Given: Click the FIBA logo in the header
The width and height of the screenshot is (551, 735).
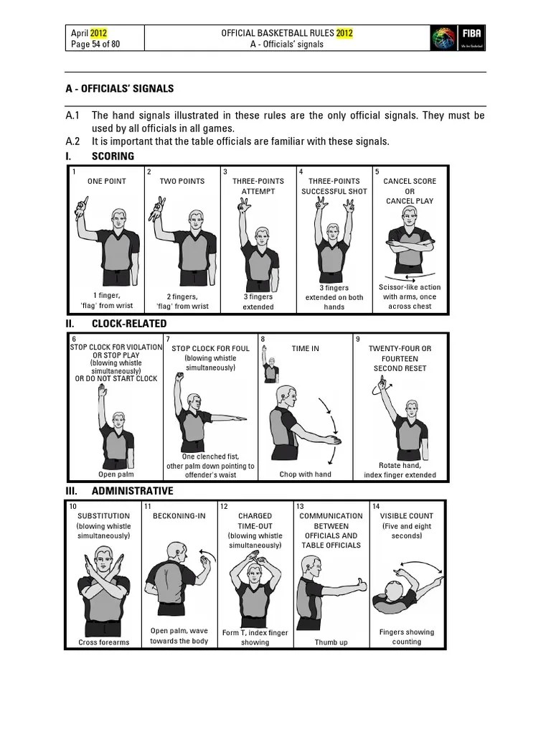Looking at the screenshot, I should (x=457, y=37).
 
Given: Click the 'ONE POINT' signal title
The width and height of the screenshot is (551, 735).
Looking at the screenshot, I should (x=106, y=182).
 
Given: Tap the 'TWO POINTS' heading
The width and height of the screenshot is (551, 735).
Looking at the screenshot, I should (x=182, y=182).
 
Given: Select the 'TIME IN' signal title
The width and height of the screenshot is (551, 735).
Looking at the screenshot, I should (x=305, y=349).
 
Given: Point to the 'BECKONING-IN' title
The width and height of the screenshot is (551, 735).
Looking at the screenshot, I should (x=179, y=516).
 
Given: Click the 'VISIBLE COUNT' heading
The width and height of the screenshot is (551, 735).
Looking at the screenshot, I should (x=406, y=516).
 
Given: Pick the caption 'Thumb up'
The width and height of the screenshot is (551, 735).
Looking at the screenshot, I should (x=331, y=642).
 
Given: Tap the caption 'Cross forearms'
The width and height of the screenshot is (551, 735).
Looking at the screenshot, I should (x=103, y=642).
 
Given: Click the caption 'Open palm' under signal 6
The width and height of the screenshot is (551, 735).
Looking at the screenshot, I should (x=116, y=474).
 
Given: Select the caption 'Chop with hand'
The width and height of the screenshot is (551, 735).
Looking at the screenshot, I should (x=305, y=474).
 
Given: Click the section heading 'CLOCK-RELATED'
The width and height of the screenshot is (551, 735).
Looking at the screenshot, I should (x=129, y=324).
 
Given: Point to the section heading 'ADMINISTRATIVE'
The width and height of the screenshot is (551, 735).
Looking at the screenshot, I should (x=132, y=492).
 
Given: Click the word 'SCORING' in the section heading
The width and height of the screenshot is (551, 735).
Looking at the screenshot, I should (x=113, y=156).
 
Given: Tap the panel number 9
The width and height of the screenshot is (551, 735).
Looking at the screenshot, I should (x=357, y=338).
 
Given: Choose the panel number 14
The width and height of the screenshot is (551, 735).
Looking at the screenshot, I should (x=375, y=506).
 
